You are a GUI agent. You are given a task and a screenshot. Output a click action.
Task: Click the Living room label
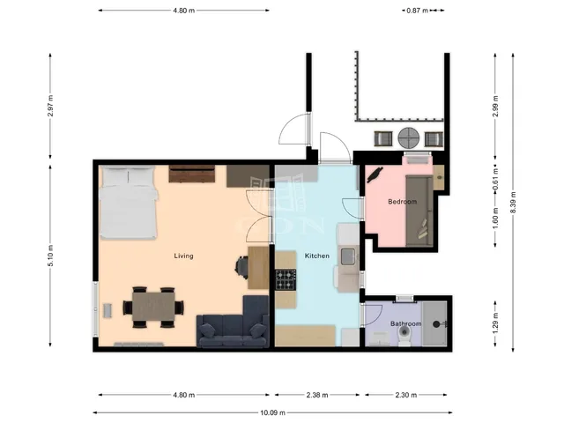pos(183,256)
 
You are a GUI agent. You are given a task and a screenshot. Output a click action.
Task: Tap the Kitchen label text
pos(317,256)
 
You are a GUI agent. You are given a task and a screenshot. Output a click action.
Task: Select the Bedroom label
pos(402,202)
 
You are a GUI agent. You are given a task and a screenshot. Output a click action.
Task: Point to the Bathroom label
pos(405,323)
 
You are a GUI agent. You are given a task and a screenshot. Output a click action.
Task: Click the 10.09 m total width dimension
pos(272,412)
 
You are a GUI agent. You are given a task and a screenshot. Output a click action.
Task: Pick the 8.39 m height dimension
pos(513,202)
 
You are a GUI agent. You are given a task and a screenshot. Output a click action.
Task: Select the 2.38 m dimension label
pos(317,395)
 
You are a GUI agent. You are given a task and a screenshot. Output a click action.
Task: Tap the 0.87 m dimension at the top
pos(417,11)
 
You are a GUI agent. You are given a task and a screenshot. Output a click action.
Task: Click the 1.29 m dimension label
pos(495,323)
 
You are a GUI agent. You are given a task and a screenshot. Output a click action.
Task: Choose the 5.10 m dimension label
pos(50,256)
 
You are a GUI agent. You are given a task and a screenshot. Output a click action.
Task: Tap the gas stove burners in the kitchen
pos(286,280)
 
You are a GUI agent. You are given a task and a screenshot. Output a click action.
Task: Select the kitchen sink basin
pos(348,256)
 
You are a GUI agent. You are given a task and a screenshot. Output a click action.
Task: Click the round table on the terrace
pos(409,137)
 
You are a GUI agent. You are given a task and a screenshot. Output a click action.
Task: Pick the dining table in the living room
pos(153,307)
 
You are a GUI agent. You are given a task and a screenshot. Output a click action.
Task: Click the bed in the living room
pos(129,203)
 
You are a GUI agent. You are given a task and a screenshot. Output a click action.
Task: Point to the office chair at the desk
pos(241,267)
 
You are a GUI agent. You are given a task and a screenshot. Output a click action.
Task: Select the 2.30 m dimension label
pos(406,395)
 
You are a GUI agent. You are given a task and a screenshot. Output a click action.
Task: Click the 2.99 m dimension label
pos(495,106)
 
